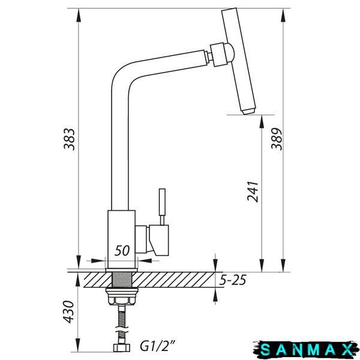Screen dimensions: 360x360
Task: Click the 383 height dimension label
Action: [70, 139]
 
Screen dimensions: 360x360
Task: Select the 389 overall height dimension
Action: [276, 139]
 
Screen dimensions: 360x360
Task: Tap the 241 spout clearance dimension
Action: [253, 191]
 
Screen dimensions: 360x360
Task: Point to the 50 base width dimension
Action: [122, 250]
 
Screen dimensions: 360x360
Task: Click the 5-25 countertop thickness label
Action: [233, 280]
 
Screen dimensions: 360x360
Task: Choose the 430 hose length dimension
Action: [68, 312]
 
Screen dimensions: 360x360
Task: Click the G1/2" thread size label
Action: [158, 346]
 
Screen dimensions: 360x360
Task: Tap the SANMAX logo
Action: [306, 349]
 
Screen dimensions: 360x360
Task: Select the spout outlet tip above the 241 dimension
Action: [249, 111]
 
